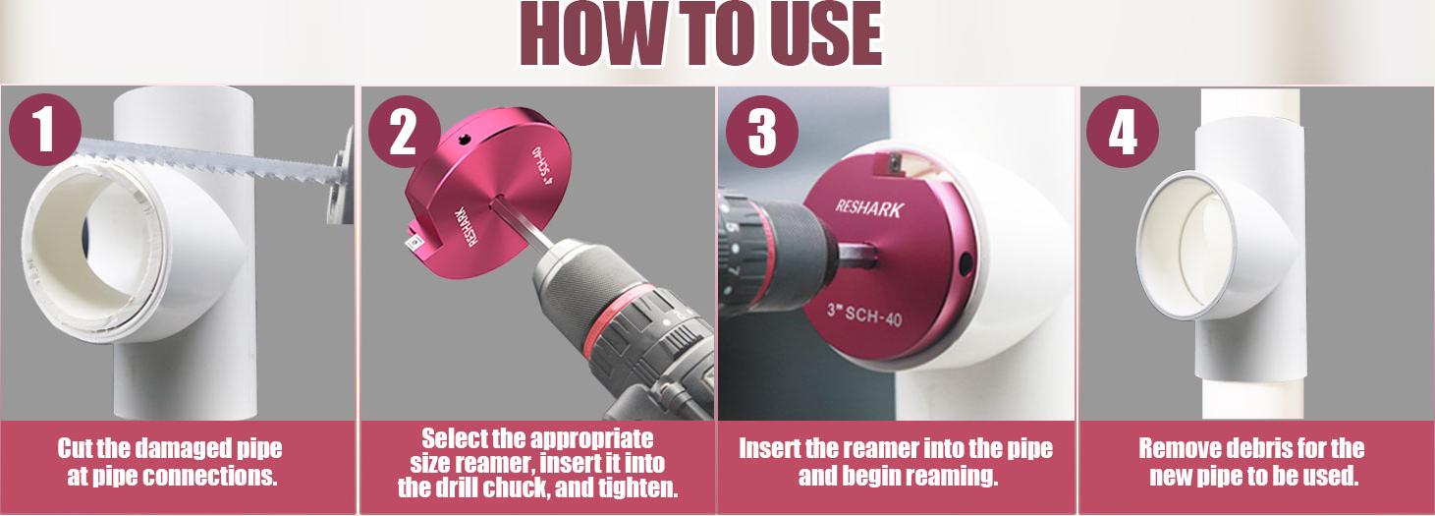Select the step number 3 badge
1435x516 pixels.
(x=763, y=132)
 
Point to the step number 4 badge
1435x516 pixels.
(x=1123, y=132)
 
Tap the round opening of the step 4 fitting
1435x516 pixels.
(x=1188, y=245)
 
